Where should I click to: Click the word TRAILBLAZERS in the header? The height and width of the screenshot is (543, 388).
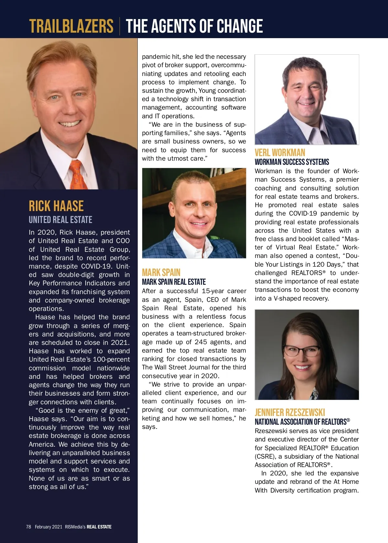(71, 26)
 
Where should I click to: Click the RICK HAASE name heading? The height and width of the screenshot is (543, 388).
(56, 206)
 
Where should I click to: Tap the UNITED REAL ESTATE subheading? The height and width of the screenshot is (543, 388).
(60, 220)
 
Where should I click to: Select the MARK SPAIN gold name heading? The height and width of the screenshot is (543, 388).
(161, 272)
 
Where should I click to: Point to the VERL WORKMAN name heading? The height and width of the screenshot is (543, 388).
(280, 153)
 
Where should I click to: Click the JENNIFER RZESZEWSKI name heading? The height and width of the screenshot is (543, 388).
(290, 412)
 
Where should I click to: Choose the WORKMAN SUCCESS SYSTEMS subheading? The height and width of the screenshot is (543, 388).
(292, 162)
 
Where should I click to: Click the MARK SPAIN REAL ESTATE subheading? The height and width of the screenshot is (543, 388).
(174, 282)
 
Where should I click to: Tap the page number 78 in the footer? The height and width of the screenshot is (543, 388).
(28, 527)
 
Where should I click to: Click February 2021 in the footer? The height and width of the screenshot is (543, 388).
(48, 527)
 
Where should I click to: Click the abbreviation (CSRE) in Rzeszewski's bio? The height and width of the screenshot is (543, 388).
(265, 456)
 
